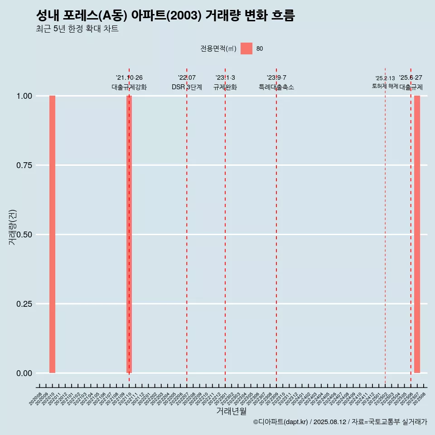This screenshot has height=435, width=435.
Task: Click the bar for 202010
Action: pos(52,234)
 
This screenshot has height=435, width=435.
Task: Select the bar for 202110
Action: pos(129,234)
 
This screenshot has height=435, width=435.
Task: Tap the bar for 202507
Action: pos(417,234)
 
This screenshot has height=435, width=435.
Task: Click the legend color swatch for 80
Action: pos(246,48)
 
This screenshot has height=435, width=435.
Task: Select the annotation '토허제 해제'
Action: pos(385,86)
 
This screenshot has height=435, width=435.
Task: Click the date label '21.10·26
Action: pos(129,78)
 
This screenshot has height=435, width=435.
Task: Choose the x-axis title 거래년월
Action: pos(231,411)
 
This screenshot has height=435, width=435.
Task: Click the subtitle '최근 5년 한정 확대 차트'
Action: pos(77,29)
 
